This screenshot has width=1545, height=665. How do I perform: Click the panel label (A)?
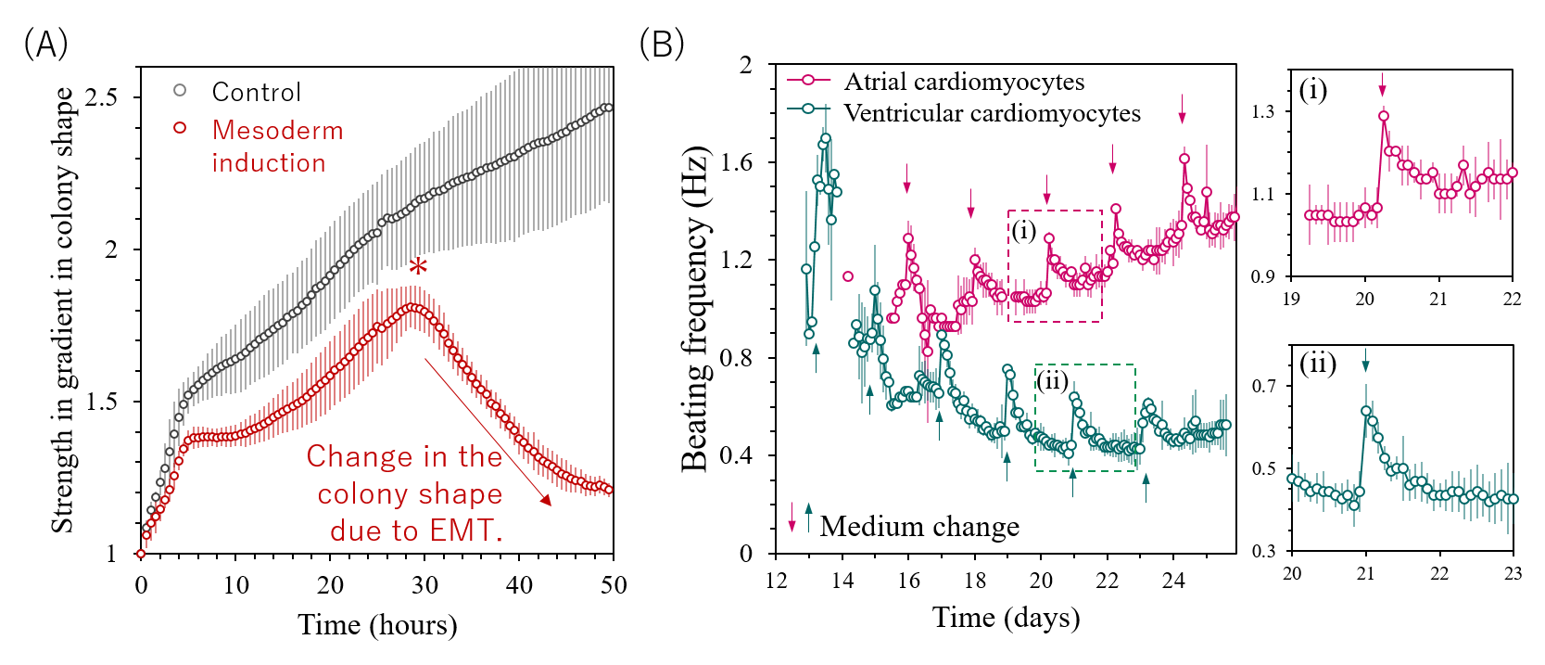coord(45,44)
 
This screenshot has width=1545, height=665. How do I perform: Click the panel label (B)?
coord(662,44)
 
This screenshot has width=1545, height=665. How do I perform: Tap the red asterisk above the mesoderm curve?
coord(418,268)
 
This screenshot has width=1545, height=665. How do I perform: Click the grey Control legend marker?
coord(180,91)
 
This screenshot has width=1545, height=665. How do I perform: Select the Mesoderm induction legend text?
coord(277,147)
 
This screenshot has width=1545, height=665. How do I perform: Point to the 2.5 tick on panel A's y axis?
coord(101,97)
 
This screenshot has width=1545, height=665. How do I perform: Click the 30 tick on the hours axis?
coord(424,585)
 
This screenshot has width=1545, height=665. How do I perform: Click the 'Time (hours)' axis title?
coord(377,625)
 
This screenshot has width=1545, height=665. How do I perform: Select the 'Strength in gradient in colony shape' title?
coord(62,310)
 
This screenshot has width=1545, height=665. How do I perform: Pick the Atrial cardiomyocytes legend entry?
coord(964,82)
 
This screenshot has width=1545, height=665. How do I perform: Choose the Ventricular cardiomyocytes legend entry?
coord(992,113)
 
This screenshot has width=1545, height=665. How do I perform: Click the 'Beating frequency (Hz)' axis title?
coord(694,310)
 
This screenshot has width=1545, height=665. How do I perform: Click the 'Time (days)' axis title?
coord(1006,618)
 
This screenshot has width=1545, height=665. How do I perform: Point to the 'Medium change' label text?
coord(919,527)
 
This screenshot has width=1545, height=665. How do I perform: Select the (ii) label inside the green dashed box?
coord(1052,380)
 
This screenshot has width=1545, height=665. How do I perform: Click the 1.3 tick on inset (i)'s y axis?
coord(1263,111)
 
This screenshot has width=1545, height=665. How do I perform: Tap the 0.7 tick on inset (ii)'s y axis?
coord(1264,386)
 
